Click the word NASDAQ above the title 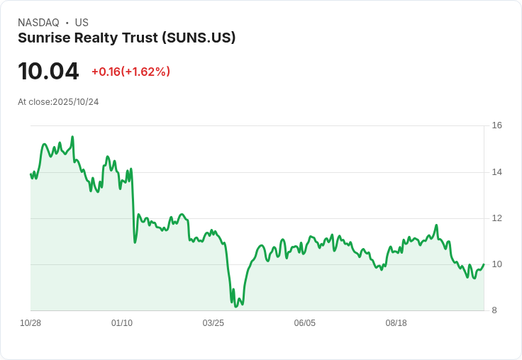point(38,23)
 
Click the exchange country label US point(82,23)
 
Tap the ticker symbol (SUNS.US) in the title point(199,38)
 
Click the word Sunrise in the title point(44,38)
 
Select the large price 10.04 point(48,71)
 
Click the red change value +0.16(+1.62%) point(130,72)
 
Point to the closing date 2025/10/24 point(76,102)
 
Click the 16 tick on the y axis point(496,125)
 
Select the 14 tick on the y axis point(496,172)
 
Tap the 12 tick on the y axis point(496,218)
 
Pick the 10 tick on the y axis point(496,264)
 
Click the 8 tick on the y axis point(494,310)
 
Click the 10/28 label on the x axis point(30,323)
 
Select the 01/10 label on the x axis point(122,323)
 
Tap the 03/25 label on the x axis point(213,323)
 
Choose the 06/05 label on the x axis point(304,323)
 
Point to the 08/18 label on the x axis point(396,323)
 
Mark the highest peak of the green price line point(72,136)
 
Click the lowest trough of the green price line point(235,306)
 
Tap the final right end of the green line point(484,264)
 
